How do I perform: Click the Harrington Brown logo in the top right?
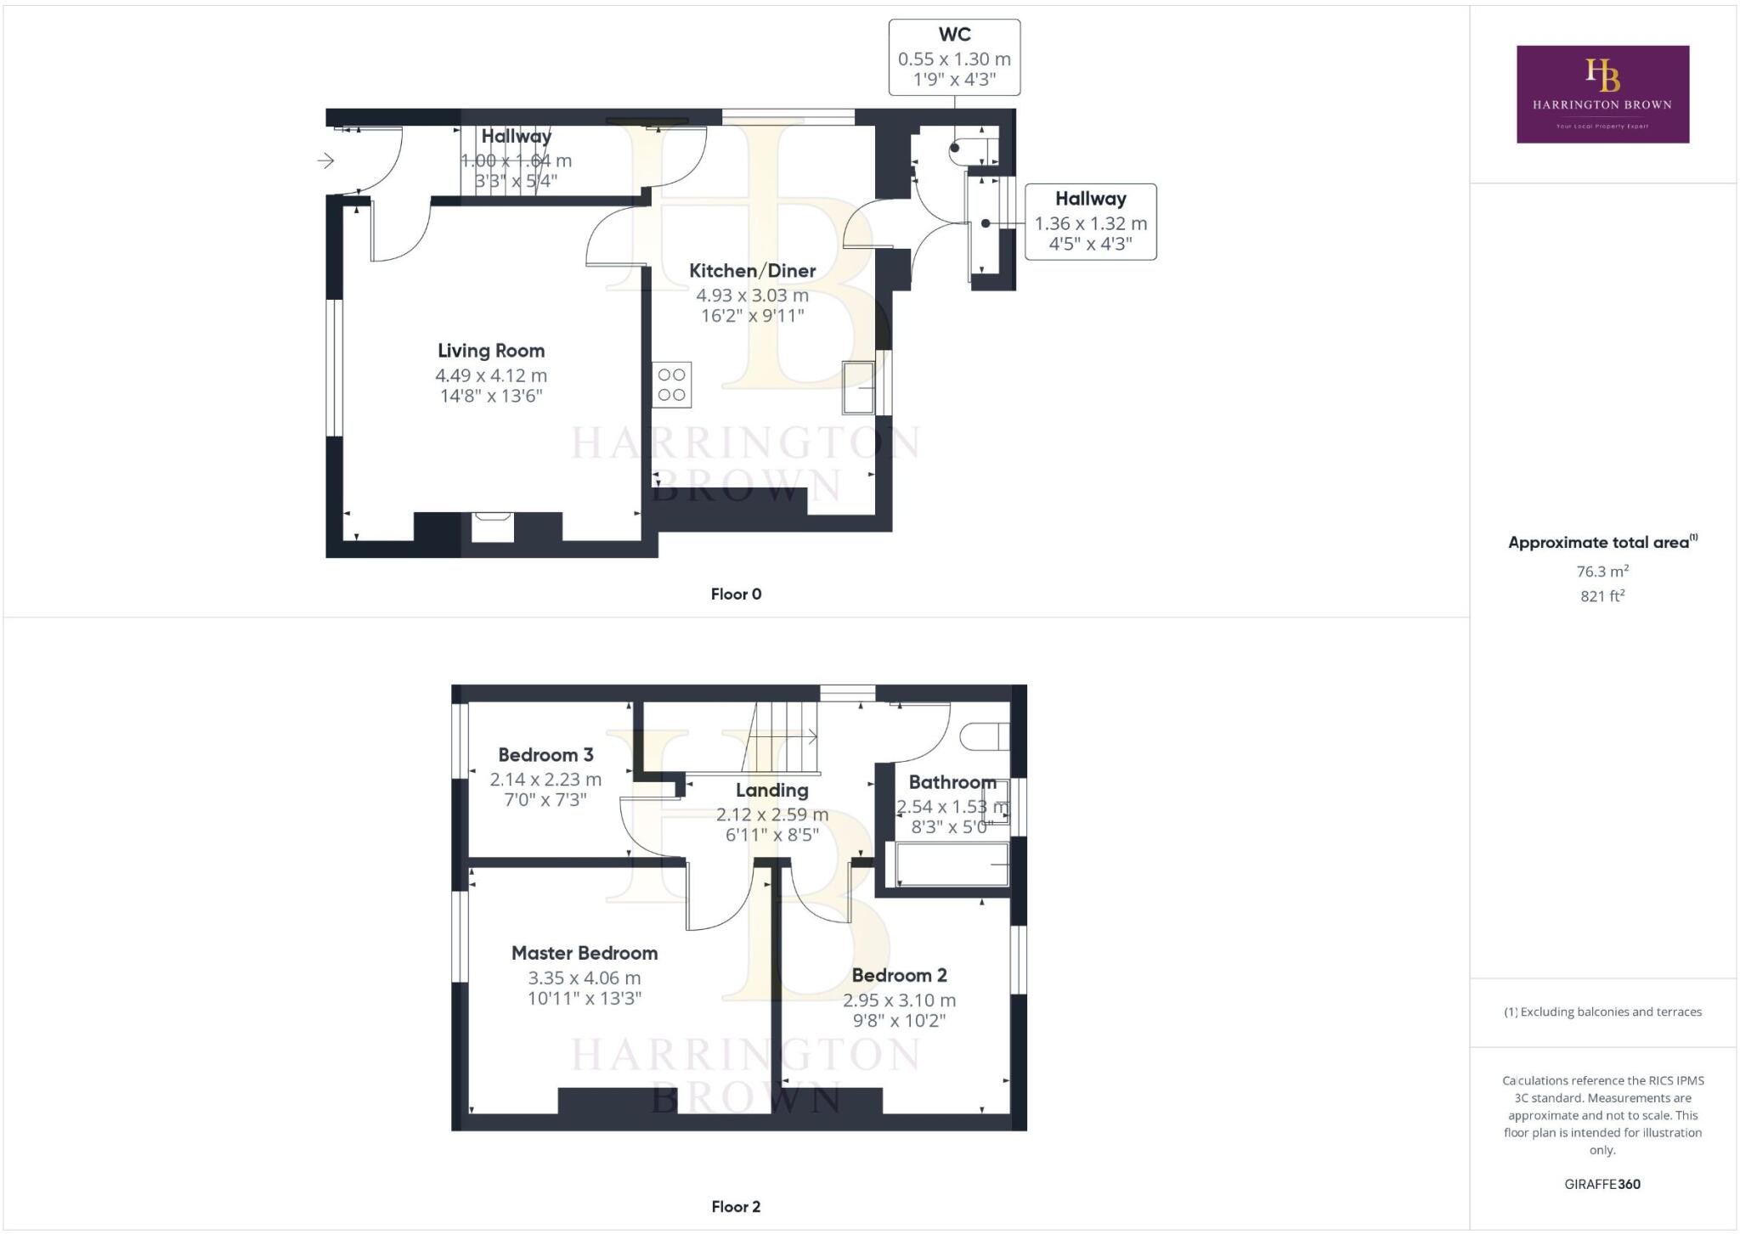pyautogui.click(x=1602, y=93)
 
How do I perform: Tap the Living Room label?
pyautogui.click(x=491, y=351)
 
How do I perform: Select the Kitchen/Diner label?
pyautogui.click(x=752, y=271)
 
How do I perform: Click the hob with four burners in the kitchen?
pyautogui.click(x=671, y=385)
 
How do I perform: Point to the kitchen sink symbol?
pyautogui.click(x=858, y=387)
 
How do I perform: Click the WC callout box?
pyautogui.click(x=954, y=57)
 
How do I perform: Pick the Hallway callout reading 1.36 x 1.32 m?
pyautogui.click(x=1090, y=222)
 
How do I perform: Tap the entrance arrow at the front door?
pyautogui.click(x=326, y=161)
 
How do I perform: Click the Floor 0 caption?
pyautogui.click(x=736, y=594)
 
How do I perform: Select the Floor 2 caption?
pyautogui.click(x=736, y=1206)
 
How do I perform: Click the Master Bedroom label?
pyautogui.click(x=585, y=953)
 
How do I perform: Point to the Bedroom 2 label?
pyautogui.click(x=899, y=975)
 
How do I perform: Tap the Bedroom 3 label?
pyautogui.click(x=545, y=754)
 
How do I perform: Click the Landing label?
pyautogui.click(x=771, y=790)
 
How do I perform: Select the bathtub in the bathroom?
pyautogui.click(x=946, y=865)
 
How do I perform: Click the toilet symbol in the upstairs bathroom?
pyautogui.click(x=986, y=735)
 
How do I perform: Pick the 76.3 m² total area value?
pyautogui.click(x=1602, y=571)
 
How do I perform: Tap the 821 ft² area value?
pyautogui.click(x=1602, y=596)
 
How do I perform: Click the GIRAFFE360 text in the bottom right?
pyautogui.click(x=1602, y=1184)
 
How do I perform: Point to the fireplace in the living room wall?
pyautogui.click(x=493, y=527)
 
